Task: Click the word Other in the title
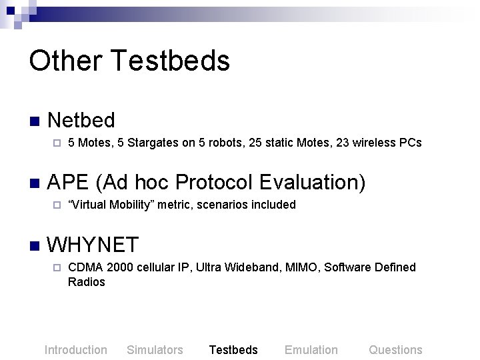pyautogui.click(x=65, y=61)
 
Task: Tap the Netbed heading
pyautogui.click(x=81, y=120)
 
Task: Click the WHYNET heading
pyautogui.click(x=93, y=245)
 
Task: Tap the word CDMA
pyautogui.click(x=85, y=267)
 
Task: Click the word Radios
pyautogui.click(x=87, y=282)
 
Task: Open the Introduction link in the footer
pyautogui.click(x=75, y=350)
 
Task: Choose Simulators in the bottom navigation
pyautogui.click(x=155, y=350)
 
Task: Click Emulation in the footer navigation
pyautogui.click(x=311, y=350)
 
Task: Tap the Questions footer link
pyautogui.click(x=395, y=350)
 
